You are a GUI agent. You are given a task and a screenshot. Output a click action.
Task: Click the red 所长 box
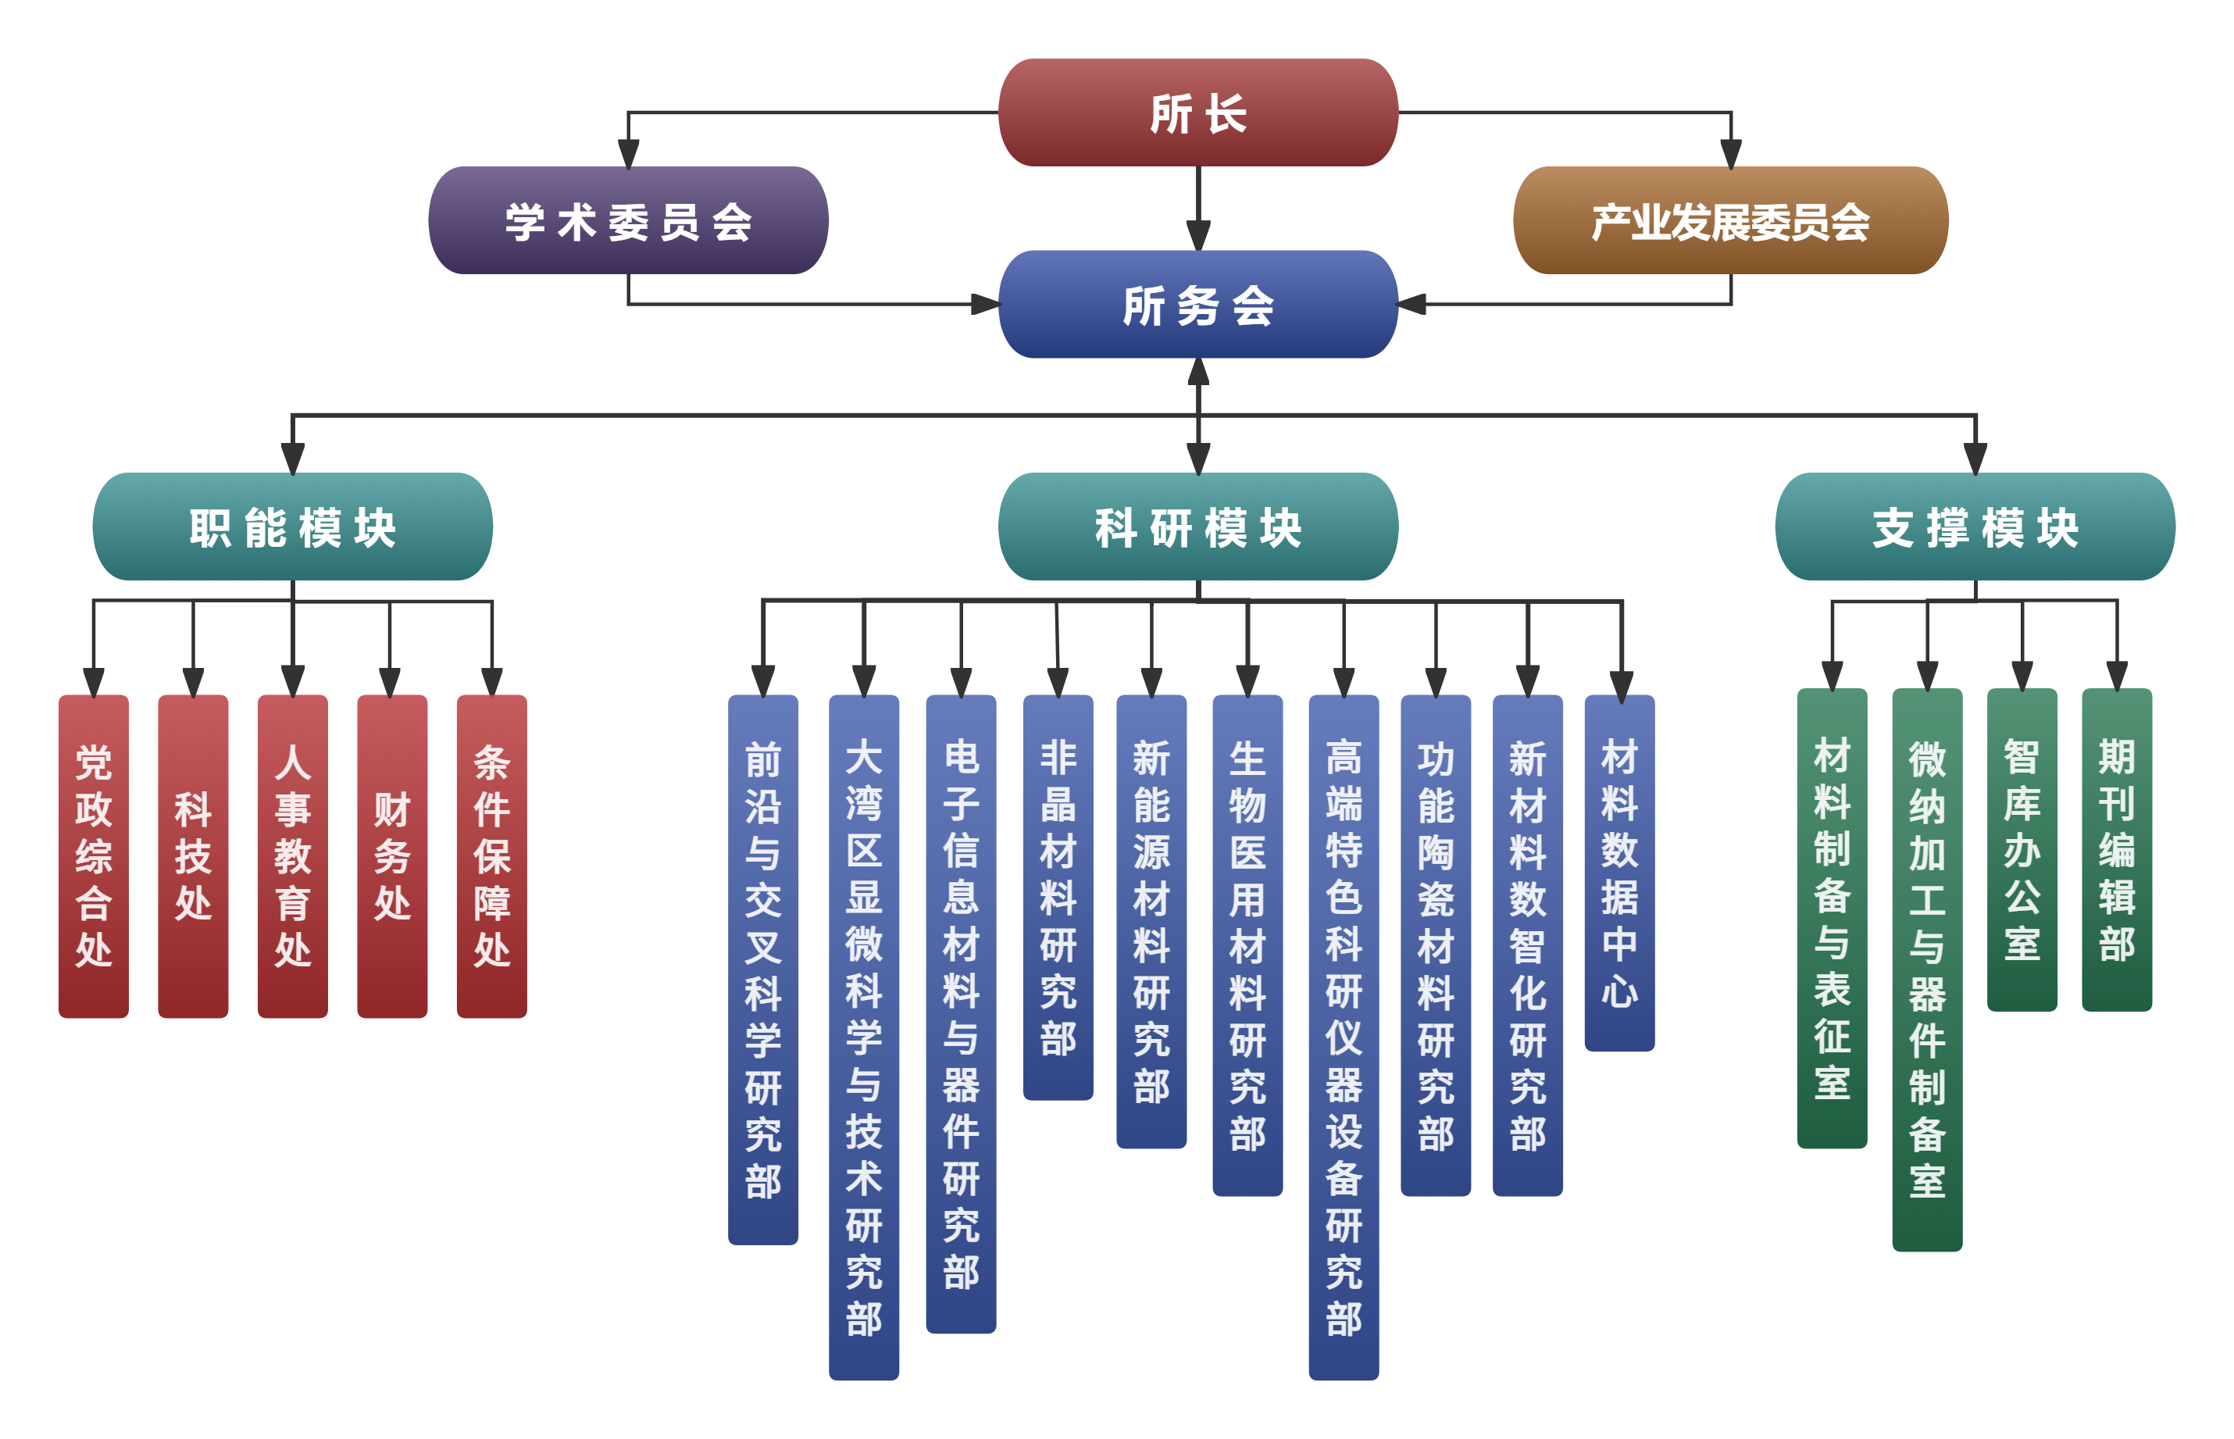(1197, 112)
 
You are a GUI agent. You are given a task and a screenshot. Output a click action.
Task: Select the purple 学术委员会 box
(628, 220)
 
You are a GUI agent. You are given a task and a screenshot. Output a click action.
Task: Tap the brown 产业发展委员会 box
(1729, 220)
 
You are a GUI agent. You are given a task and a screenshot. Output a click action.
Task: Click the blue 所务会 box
(1197, 304)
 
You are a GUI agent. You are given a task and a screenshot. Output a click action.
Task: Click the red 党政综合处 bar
(94, 855)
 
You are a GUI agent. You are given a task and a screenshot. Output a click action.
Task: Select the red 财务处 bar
(391, 855)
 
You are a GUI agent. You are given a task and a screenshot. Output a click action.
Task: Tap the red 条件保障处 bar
(491, 855)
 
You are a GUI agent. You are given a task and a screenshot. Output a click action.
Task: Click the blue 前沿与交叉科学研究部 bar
(762, 968)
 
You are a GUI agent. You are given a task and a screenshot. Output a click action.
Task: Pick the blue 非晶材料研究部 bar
(1058, 897)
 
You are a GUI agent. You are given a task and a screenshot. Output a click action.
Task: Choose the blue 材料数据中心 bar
(1619, 873)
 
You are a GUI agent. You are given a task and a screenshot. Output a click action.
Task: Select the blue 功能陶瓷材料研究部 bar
(1435, 944)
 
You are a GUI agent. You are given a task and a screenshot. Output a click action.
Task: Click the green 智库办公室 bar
(2022, 848)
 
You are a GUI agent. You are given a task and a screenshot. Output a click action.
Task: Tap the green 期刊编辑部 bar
(2116, 848)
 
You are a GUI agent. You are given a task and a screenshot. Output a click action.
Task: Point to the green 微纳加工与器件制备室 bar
(1926, 968)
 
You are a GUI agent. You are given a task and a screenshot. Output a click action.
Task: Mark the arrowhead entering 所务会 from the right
(1411, 304)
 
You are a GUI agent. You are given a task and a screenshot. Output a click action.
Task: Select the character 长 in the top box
(1226, 114)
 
